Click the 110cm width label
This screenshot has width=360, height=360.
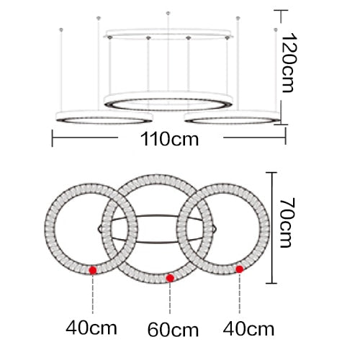pyautogui.click(x=171, y=140)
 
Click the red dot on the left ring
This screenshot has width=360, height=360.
pyautogui.click(x=93, y=270)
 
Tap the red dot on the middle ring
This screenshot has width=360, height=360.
pyautogui.click(x=170, y=278)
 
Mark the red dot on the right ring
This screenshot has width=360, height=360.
pyautogui.click(x=240, y=269)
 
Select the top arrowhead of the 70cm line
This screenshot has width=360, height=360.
pyautogui.click(x=274, y=174)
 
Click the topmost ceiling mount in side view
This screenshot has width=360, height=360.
pyautogui.click(x=168, y=12)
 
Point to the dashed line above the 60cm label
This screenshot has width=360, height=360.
pyautogui.click(x=170, y=299)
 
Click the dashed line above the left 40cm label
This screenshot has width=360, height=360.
pyautogui.click(x=93, y=295)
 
